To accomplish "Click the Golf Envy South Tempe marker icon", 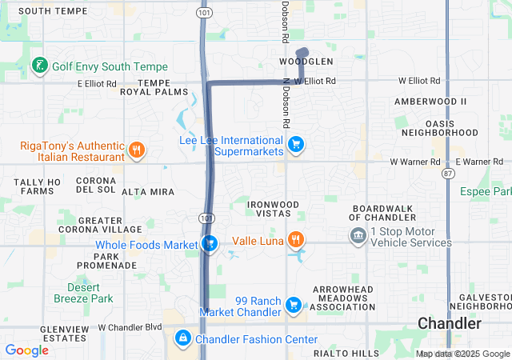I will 38,66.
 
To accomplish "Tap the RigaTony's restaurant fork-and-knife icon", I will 137,150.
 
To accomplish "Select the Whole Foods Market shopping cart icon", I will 210,243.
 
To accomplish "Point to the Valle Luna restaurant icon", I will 296,239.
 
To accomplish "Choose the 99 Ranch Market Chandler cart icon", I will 294,305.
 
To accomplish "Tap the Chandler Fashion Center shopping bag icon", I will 183,339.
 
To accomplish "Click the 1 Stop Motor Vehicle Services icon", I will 358,236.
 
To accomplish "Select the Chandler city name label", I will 450,324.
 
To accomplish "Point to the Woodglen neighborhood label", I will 306,62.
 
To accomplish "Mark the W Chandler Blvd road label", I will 130,327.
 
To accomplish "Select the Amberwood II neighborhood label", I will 430,102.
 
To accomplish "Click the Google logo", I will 27,350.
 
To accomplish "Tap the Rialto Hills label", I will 346,353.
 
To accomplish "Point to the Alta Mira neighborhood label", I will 148,193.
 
